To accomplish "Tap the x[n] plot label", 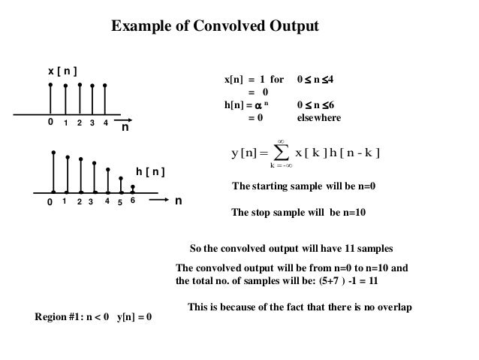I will click(x=64, y=71).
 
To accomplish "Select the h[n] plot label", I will click(x=150, y=173).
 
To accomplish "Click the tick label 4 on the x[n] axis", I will click(x=106, y=123).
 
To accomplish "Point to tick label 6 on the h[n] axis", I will click(x=132, y=201).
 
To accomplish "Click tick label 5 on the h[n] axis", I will click(x=120, y=203).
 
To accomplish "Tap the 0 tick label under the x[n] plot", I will click(x=50, y=122).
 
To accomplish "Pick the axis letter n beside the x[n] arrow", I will click(x=125, y=129).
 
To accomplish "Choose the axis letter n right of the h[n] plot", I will click(x=179, y=201).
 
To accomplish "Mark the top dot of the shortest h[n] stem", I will click(x=133, y=187).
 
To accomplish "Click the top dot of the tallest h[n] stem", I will click(x=53, y=153).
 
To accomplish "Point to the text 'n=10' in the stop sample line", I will click(x=352, y=213).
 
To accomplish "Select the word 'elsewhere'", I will click(x=319, y=118).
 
